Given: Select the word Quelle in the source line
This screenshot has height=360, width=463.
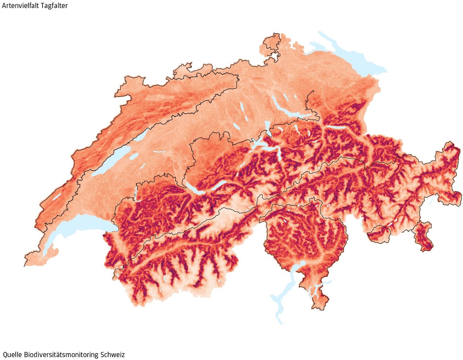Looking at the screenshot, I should (x=12, y=354).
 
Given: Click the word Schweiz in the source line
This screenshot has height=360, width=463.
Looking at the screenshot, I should (x=112, y=354).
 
